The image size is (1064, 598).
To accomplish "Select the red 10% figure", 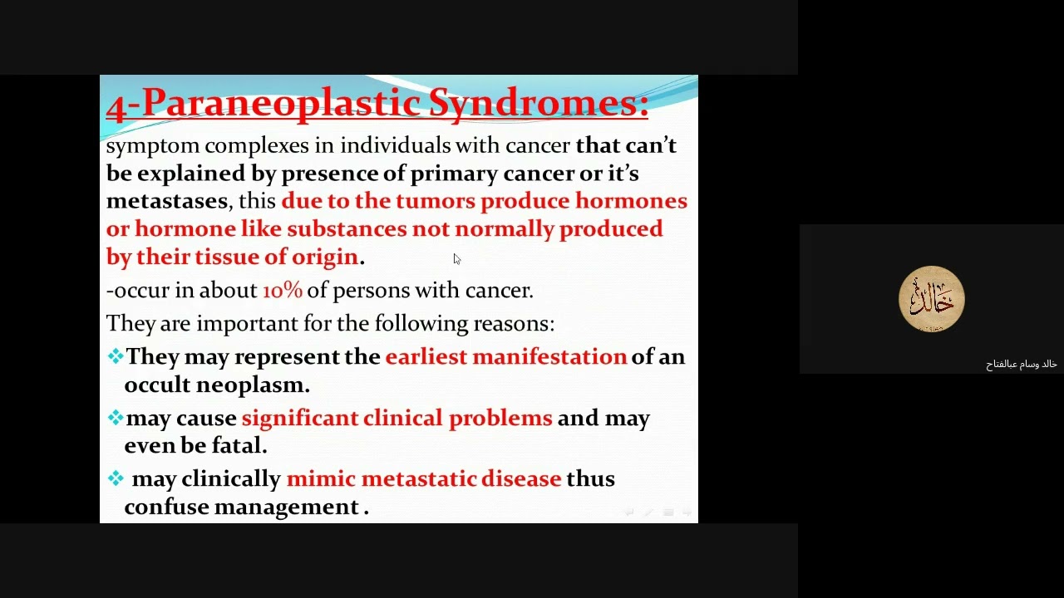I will (x=283, y=290).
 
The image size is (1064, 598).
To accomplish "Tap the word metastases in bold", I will (x=166, y=201).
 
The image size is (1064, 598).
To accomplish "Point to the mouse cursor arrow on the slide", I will (x=456, y=259).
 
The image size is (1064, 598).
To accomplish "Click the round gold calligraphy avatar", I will (x=931, y=299).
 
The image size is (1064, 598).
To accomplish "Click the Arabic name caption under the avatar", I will (x=1021, y=365).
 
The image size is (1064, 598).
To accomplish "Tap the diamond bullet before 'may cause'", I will (x=115, y=418).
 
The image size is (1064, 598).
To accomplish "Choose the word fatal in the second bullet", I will (x=238, y=446).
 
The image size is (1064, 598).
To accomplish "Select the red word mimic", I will (x=321, y=479).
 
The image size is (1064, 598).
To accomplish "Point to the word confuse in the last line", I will (x=166, y=507).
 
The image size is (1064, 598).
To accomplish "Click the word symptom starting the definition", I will (x=153, y=146).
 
